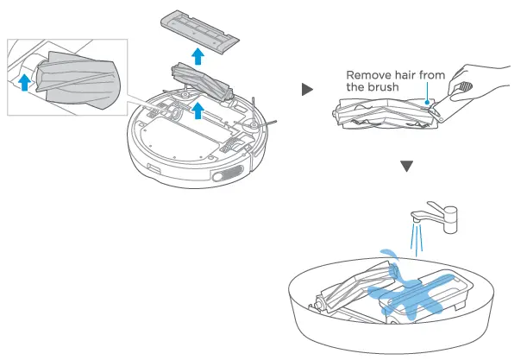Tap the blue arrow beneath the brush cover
click(198, 56)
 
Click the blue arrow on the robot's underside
click(198, 109)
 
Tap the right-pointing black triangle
click(306, 90)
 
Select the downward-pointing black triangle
click(408, 165)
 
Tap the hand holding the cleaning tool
click(483, 86)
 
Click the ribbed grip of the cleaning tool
click(463, 86)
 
